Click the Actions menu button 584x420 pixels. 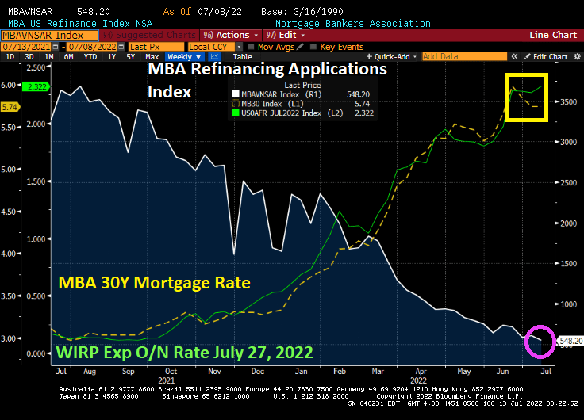tap(231, 36)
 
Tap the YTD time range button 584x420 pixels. tap(90, 57)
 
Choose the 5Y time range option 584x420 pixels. tap(130, 57)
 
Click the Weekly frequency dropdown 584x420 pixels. tap(183, 57)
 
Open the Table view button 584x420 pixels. tap(242, 57)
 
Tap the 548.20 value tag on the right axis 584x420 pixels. tap(571, 341)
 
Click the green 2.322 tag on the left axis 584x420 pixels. tap(36, 86)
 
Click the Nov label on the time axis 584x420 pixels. tap(215, 370)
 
